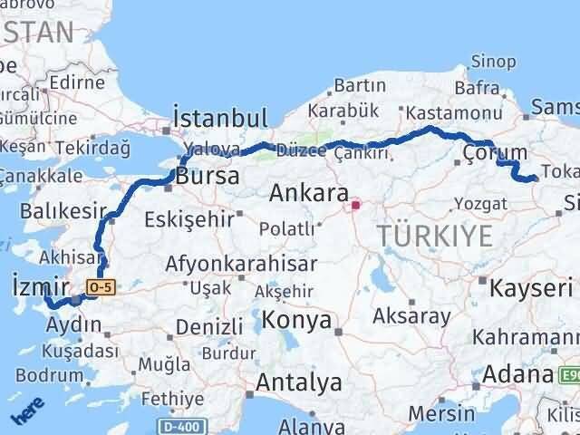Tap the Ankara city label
(x=309, y=194)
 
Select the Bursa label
(x=208, y=176)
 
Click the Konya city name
(x=296, y=320)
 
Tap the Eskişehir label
(x=201, y=217)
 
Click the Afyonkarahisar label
(x=241, y=265)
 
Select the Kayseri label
(x=531, y=289)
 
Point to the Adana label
(x=517, y=374)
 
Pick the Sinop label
(x=494, y=62)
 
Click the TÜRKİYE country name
(x=437, y=237)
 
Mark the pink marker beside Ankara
(x=355, y=205)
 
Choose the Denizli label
(x=209, y=326)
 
